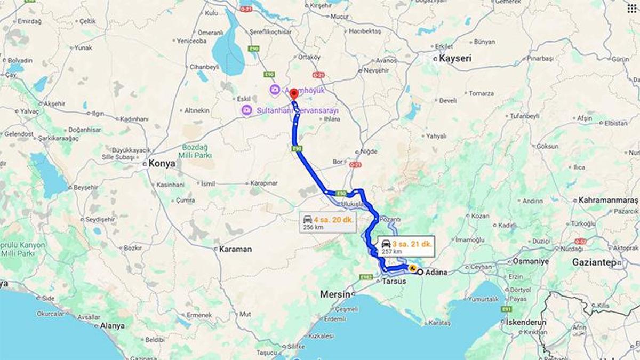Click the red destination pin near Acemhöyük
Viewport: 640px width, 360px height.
point(294,94)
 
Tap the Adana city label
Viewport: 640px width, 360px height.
point(437,273)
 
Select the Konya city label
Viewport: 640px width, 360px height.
point(162,164)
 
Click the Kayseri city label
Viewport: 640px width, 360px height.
point(455,58)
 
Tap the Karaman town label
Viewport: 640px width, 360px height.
point(235,249)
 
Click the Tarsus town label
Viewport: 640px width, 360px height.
point(394,281)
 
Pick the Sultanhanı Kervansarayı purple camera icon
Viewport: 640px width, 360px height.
point(246,110)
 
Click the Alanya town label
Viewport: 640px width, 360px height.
point(112,325)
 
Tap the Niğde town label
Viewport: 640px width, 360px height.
point(369,151)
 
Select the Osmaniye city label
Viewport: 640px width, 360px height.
point(531,261)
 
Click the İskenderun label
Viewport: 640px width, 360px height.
point(526,323)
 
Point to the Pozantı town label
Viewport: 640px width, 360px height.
point(390,220)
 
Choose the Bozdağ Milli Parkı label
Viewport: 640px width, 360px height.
point(195,151)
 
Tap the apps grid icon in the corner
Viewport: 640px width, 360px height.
point(632,8)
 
